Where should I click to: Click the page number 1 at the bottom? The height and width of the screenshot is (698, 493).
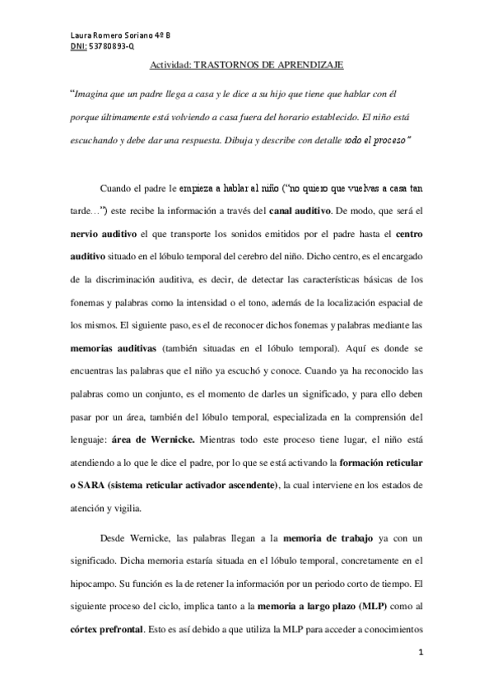(421, 654)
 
